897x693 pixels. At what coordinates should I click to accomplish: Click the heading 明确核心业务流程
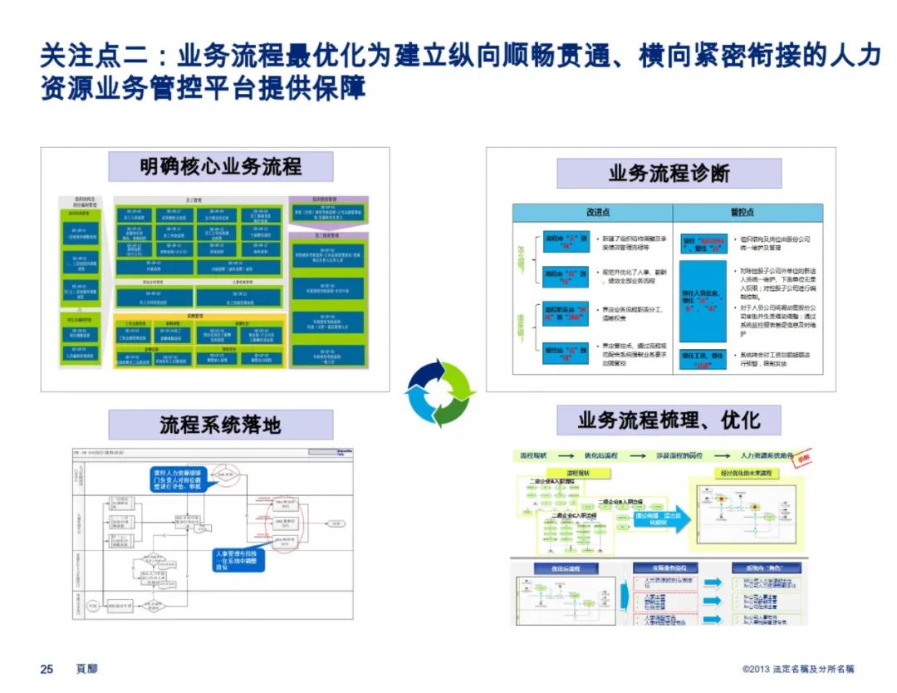[221, 166]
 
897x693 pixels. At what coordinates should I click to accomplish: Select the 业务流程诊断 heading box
[669, 174]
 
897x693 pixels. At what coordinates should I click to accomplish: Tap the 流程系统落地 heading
[220, 425]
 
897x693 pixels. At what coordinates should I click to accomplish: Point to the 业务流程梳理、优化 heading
[669, 420]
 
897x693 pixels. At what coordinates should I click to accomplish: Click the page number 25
[47, 669]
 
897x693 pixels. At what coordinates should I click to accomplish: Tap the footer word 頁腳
[86, 669]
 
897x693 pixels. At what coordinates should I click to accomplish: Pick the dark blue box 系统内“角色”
[753, 568]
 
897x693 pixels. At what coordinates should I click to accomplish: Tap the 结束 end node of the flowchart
[335, 523]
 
